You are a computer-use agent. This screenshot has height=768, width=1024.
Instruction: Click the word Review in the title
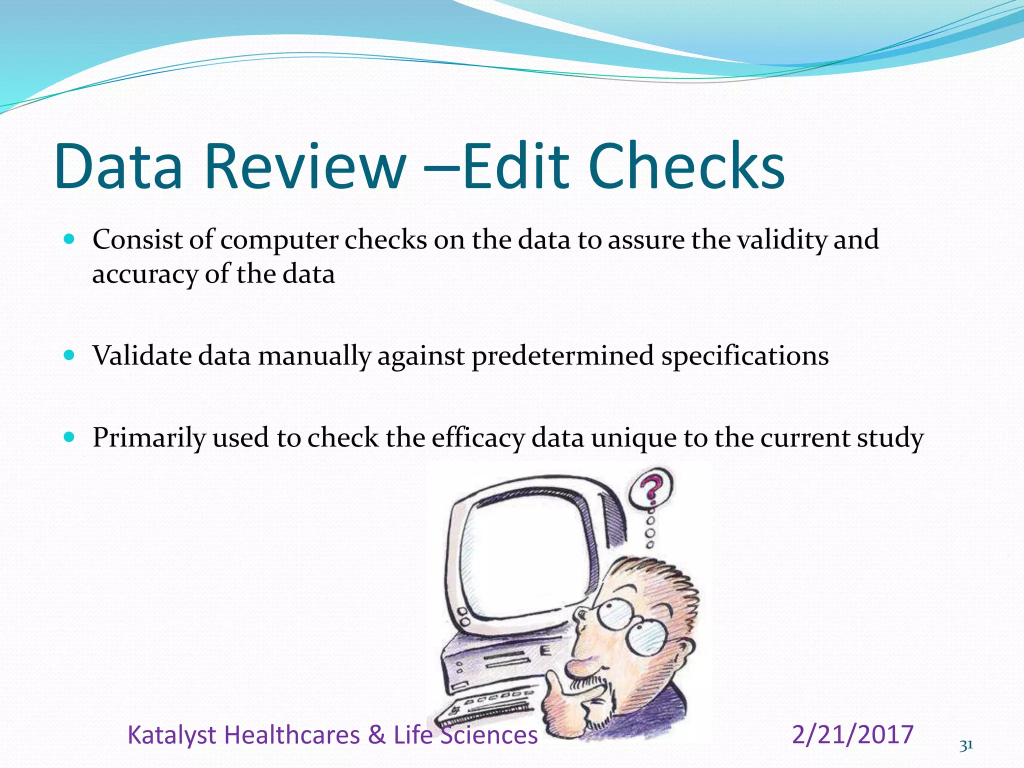pyautogui.click(x=304, y=166)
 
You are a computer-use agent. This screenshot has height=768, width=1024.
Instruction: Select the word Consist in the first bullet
pyautogui.click(x=137, y=239)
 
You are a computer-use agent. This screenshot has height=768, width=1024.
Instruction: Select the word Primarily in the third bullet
pyautogui.click(x=149, y=438)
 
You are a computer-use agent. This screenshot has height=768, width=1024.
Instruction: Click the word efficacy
pyautogui.click(x=477, y=438)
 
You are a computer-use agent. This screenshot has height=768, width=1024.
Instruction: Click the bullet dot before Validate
pyautogui.click(x=69, y=355)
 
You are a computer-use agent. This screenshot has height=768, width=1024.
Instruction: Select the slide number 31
pyautogui.click(x=966, y=745)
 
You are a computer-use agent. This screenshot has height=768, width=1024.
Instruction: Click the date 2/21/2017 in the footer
pyautogui.click(x=853, y=734)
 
